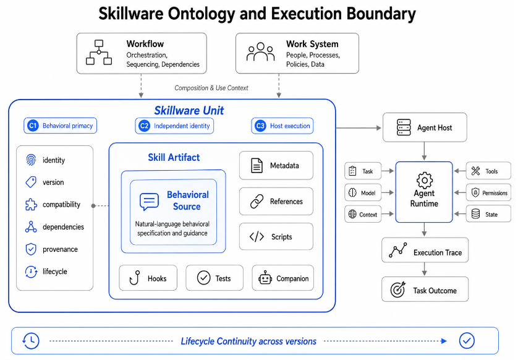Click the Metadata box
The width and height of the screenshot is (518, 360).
click(276, 165)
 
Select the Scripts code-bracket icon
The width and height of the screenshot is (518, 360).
click(257, 237)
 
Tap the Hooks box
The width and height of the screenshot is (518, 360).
click(148, 278)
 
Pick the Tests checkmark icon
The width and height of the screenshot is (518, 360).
click(203, 278)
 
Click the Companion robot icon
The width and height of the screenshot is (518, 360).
click(265, 278)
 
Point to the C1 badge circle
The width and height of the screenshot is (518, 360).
click(33, 126)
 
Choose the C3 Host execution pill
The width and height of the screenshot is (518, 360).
click(282, 126)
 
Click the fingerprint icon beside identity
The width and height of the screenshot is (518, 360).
click(31, 160)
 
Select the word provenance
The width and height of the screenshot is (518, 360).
click(60, 249)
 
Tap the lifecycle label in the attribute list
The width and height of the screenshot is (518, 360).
click(55, 272)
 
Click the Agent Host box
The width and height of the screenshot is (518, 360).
click(425, 127)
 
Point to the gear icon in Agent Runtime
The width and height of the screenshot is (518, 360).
click(424, 180)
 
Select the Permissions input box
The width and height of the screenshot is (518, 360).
click(488, 193)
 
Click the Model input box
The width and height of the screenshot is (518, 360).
click(363, 192)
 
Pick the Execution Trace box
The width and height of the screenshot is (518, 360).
click(425, 250)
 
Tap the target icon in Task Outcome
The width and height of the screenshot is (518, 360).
click(397, 289)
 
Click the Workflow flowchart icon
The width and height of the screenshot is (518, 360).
click(99, 52)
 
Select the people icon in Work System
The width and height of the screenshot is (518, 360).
click(261, 52)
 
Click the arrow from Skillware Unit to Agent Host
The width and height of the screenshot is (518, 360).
click(358, 127)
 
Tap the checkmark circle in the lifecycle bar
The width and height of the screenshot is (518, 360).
click(467, 340)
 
